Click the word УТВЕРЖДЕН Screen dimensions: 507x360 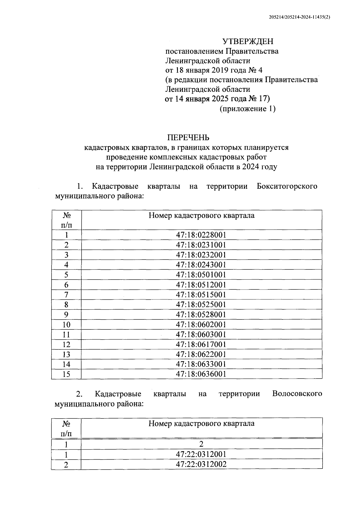[x=248, y=41]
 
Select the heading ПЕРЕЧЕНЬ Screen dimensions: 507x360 [x=188, y=138]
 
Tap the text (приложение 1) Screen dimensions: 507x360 [x=247, y=109]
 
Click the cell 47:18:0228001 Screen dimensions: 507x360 [x=201, y=235]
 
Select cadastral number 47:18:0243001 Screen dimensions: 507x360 [x=201, y=265]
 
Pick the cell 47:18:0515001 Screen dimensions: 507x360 [x=201, y=295]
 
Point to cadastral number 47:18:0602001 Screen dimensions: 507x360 [x=201, y=324]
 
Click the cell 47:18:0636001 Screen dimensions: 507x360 [x=201, y=374]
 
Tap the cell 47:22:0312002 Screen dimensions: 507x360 [x=201, y=464]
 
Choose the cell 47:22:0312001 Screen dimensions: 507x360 [x=201, y=454]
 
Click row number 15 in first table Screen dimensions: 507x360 [x=66, y=374]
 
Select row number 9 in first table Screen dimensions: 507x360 [x=66, y=314]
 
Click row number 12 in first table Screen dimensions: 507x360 [x=66, y=344]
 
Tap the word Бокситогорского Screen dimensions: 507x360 [x=287, y=186]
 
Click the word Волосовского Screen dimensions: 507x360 [x=297, y=394]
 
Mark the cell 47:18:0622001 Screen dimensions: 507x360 [x=201, y=354]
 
